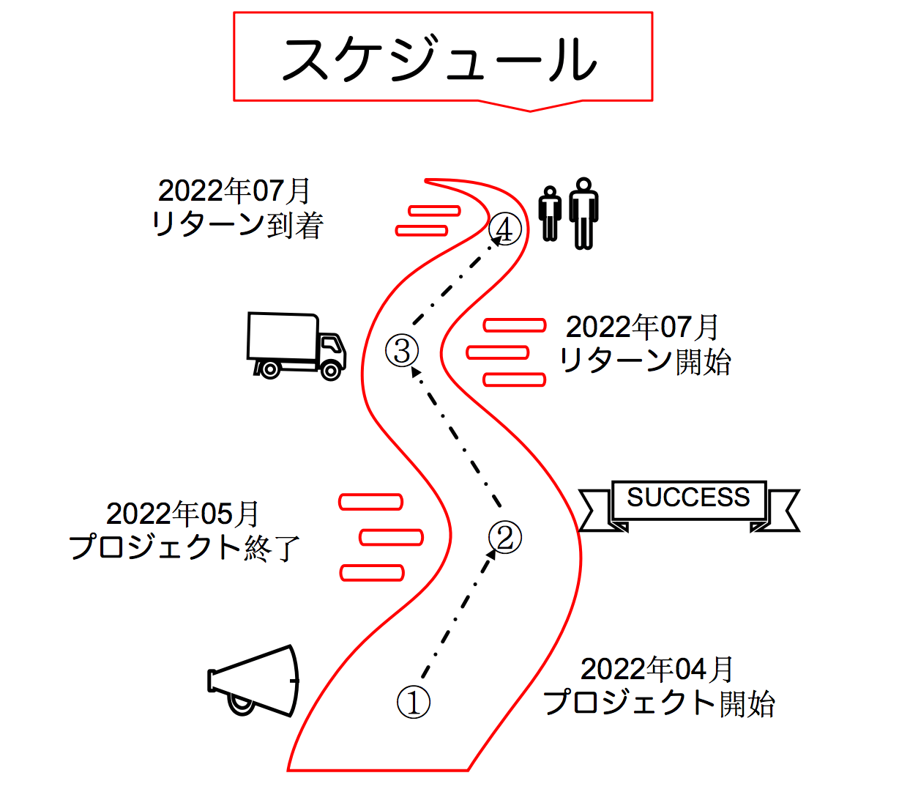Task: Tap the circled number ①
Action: [413, 702]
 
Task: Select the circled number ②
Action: [504, 536]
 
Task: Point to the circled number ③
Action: [402, 350]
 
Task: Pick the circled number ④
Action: [505, 230]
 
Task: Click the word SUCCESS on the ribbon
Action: [688, 497]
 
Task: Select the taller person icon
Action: [583, 212]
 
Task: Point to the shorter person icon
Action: [551, 214]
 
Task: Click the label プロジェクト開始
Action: [659, 703]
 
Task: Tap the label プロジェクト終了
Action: [185, 548]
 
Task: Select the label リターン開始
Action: [645, 361]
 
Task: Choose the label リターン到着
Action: [237, 225]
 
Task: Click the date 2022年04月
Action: [657, 669]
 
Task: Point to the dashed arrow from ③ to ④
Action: [455, 283]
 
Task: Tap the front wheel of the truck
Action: [332, 371]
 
